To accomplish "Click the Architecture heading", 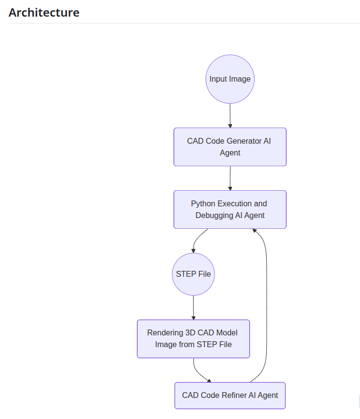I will click(44, 13).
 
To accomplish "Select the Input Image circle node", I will click(230, 79).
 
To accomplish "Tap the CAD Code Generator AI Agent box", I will click(230, 147).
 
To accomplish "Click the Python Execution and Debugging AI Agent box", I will click(230, 209).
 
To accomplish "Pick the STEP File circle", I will click(193, 274).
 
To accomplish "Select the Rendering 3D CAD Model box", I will click(193, 339).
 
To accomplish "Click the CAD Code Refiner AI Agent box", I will click(230, 395).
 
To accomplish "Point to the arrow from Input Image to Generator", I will click(230, 115).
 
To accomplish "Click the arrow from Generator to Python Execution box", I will click(230, 178).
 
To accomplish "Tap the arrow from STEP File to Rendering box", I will click(193, 308).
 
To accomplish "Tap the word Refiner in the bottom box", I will click(234, 395).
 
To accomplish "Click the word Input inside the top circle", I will click(218, 79).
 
